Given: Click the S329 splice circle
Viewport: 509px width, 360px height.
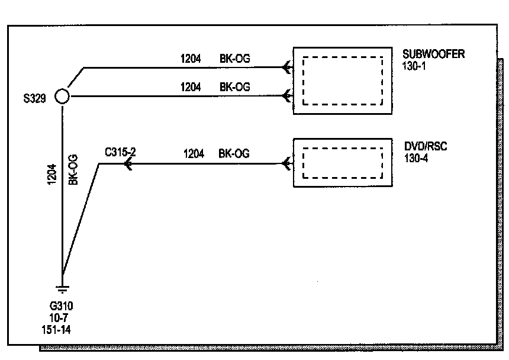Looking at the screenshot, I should point(62,96).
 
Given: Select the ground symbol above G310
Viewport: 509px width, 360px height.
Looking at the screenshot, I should point(62,290).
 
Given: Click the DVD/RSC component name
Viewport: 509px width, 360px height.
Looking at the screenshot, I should point(426,146).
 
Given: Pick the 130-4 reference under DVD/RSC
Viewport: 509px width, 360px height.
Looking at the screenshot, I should point(414,156).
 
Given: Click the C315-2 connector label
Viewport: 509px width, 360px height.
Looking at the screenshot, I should point(120,152).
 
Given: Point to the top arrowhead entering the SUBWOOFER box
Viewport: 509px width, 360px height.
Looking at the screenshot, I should point(287,67).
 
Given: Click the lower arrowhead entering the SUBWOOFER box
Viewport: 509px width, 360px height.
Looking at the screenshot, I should point(287,96).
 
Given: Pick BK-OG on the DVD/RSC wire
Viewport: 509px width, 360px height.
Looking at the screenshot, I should point(234,154).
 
